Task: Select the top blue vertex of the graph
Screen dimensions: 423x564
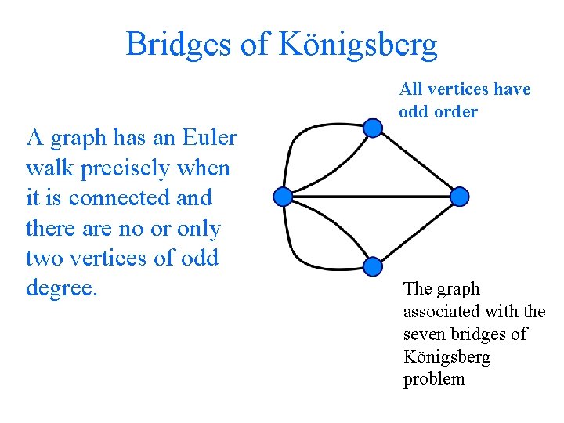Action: pyautogui.click(x=374, y=127)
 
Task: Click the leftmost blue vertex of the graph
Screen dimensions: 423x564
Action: pyautogui.click(x=283, y=196)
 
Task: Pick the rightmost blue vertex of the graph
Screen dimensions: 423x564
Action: pyautogui.click(x=461, y=196)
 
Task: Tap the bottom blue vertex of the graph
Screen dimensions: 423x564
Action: pyautogui.click(x=374, y=266)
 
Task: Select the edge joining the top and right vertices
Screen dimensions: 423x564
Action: pyautogui.click(x=418, y=161)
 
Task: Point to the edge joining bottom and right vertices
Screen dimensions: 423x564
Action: pyautogui.click(x=418, y=231)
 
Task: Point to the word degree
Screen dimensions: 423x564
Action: pyautogui.click(x=61, y=287)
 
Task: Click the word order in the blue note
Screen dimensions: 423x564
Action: pyautogui.click(x=455, y=112)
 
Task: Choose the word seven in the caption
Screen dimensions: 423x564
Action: pyautogui.click(x=425, y=334)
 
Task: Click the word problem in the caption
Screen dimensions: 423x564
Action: pyautogui.click(x=434, y=379)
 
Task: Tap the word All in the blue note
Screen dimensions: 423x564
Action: pyautogui.click(x=411, y=89)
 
